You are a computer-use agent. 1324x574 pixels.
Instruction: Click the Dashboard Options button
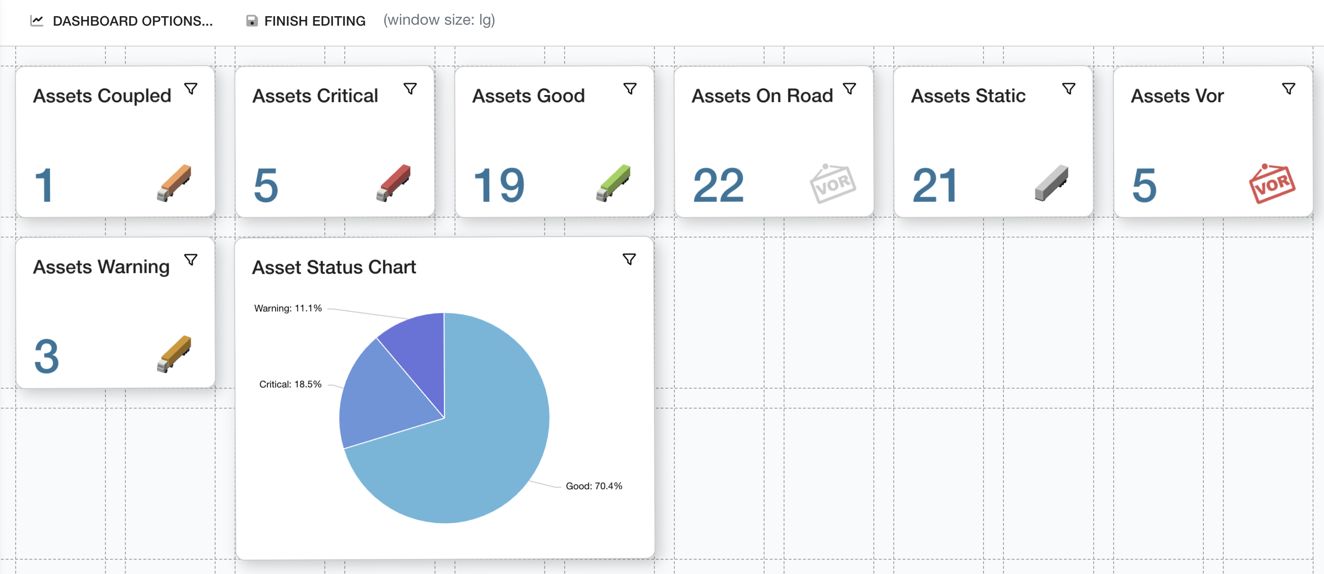point(123,21)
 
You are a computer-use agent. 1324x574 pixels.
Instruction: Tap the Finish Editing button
point(306,21)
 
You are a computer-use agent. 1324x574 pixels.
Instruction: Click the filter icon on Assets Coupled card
point(191,89)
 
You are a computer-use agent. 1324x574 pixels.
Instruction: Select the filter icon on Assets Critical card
point(410,89)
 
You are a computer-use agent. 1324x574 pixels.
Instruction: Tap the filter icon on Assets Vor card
point(1288,89)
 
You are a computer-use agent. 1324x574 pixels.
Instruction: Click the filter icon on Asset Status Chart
point(629,259)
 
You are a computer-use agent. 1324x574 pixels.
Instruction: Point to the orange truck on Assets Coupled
point(174,183)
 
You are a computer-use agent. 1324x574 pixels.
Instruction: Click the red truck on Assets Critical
point(394,183)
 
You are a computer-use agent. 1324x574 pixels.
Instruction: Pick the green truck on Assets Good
point(613,183)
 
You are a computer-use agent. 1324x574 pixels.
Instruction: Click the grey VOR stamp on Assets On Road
point(832,183)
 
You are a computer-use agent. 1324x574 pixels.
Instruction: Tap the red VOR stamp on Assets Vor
point(1272,183)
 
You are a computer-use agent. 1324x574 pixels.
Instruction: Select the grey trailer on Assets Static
point(1051,183)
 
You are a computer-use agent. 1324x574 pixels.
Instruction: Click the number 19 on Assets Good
point(499,186)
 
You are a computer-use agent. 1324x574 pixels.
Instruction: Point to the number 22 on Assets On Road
point(718,186)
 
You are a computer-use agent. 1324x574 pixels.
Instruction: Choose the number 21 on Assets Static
point(935,186)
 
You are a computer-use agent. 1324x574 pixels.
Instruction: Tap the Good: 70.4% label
point(594,486)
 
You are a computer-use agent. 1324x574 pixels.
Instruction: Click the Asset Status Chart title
point(333,268)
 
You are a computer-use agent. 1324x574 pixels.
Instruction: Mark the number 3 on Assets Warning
point(47,356)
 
